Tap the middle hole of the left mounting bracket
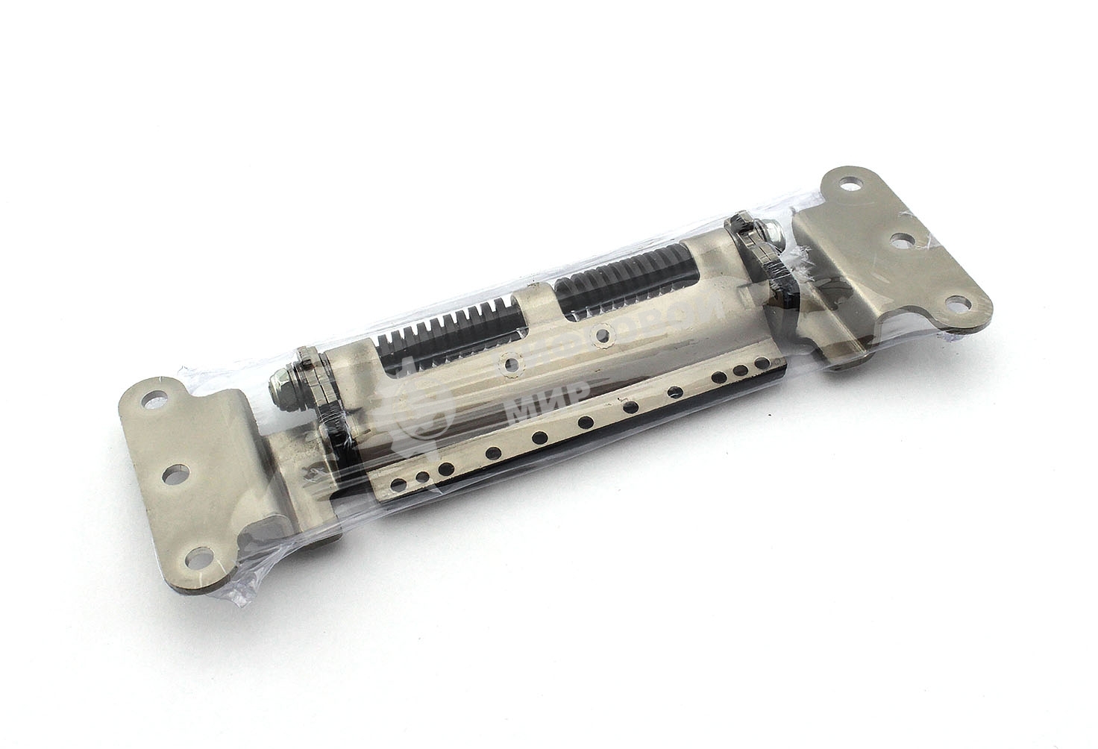click(172, 474)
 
